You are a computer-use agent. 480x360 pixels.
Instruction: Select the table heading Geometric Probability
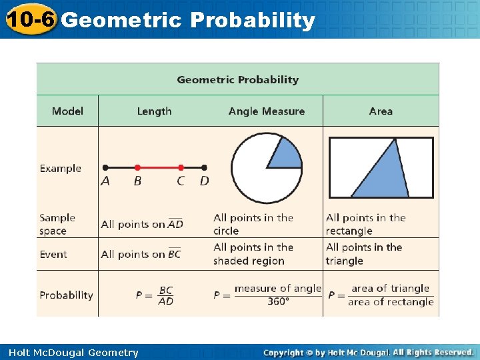238,79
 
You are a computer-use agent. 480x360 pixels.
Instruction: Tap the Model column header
67,111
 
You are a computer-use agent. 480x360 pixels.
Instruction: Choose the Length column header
154,111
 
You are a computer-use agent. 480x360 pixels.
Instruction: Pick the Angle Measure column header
266,111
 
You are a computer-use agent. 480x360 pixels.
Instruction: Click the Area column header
381,111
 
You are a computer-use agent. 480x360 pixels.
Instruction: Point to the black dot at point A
105,167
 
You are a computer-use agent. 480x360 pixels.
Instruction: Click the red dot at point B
137,167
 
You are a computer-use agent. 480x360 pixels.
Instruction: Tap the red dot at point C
181,167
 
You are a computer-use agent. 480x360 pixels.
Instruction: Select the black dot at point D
204,167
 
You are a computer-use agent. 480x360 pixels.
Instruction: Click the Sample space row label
57,224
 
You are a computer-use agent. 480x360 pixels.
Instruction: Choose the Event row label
53,254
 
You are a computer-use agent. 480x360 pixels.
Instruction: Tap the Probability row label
66,295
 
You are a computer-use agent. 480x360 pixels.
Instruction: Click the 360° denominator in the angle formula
278,301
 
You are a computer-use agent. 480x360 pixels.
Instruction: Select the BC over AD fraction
166,295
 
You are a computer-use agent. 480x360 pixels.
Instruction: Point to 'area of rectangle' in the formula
391,302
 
